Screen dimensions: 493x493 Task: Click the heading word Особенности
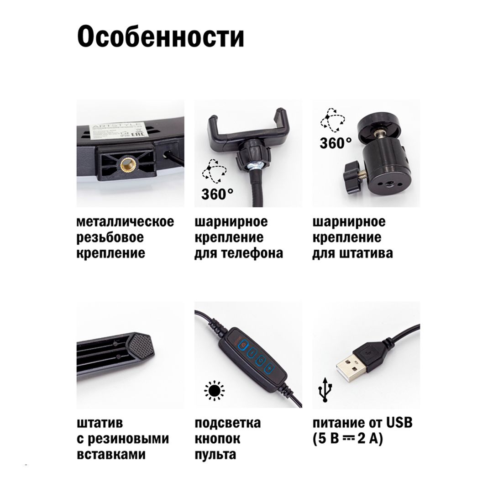[x=160, y=37]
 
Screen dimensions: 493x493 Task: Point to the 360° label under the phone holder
[x=217, y=194]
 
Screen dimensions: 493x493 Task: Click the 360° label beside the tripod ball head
[x=335, y=143]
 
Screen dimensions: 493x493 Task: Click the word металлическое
[x=125, y=222]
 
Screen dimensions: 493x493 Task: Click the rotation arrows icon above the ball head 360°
[x=332, y=120]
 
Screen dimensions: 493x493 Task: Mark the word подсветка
[x=227, y=423]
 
